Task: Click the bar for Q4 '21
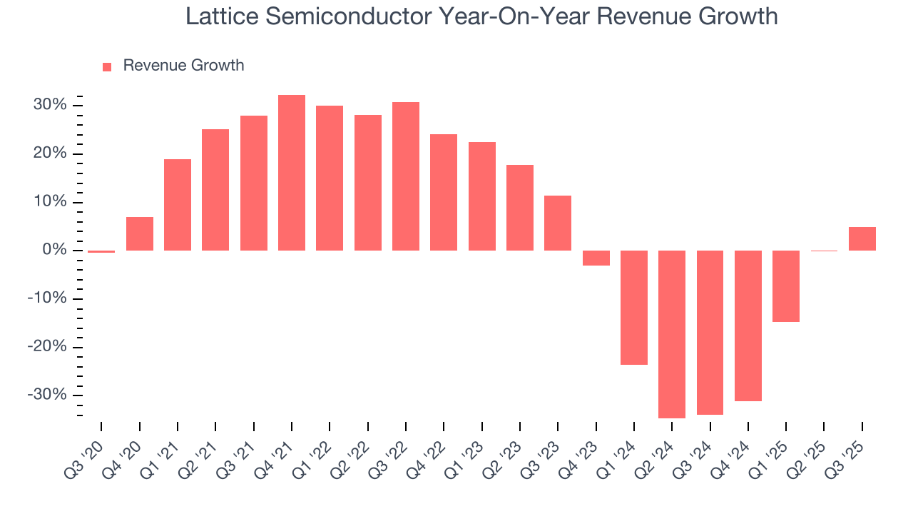pos(291,173)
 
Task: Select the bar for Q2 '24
pos(672,334)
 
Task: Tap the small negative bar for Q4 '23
pos(596,258)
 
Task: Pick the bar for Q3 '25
pos(862,239)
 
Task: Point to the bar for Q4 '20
pos(139,234)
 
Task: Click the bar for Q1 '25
pos(786,286)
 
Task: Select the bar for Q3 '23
pos(558,223)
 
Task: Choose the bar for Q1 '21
pos(178,205)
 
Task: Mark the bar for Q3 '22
pos(406,176)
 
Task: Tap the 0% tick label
pos(56,251)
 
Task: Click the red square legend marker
pos(107,66)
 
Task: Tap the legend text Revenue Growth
pos(183,66)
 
